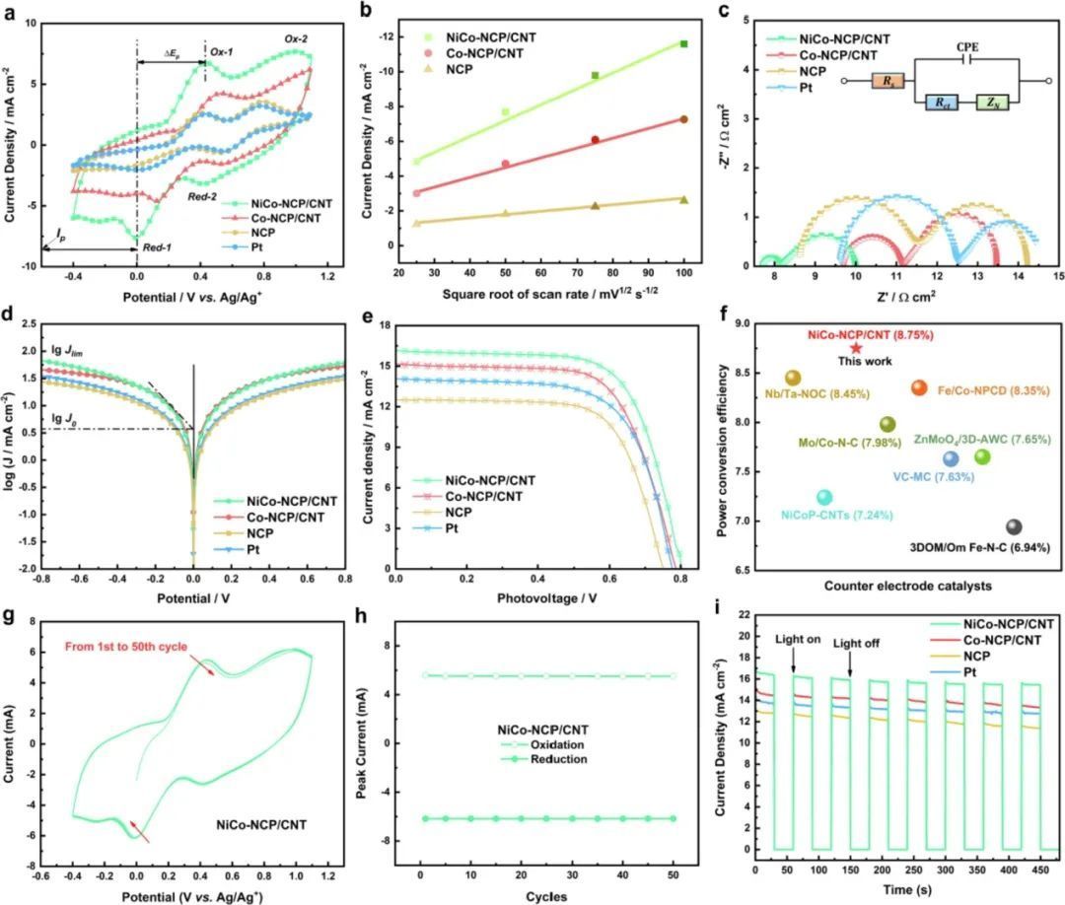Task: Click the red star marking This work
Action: coord(856,348)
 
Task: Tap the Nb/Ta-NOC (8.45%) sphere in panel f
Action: coord(793,378)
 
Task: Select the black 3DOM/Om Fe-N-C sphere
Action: coord(1014,527)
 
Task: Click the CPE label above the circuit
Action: coord(966,46)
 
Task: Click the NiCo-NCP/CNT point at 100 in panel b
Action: coord(683,43)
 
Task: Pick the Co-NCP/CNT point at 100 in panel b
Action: coord(683,119)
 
